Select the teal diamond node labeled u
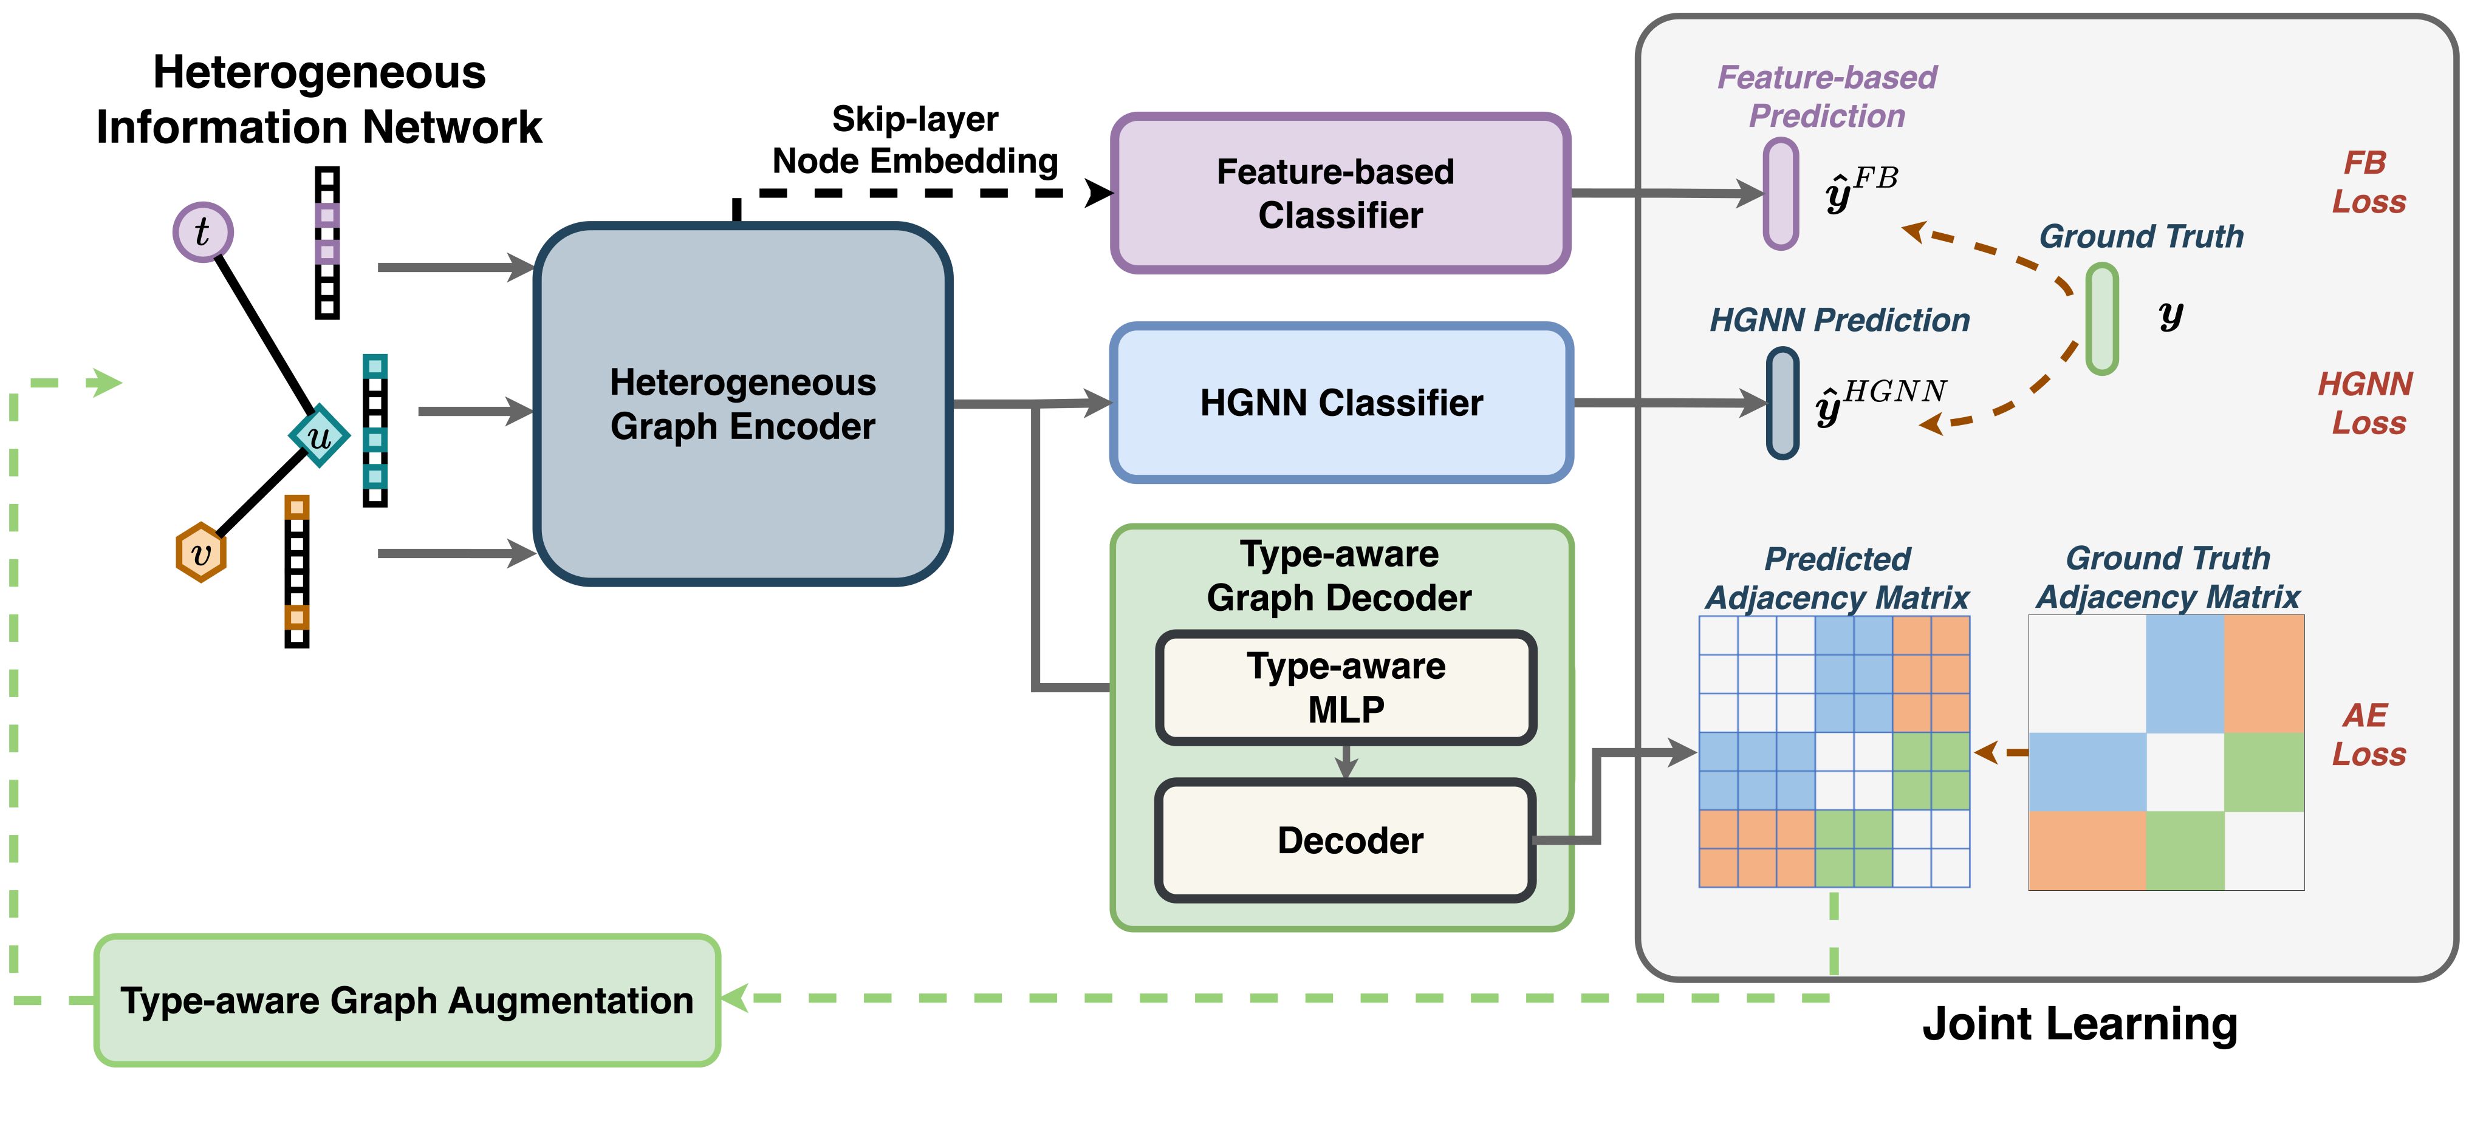[318, 436]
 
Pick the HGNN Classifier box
[1341, 403]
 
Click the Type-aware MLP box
[1346, 687]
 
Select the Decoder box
[1346, 840]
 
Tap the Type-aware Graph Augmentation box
[406, 1001]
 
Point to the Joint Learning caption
[2080, 1024]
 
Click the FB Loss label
[2368, 182]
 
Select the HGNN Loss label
[2366, 403]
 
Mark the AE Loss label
[2368, 734]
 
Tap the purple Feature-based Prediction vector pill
[1781, 194]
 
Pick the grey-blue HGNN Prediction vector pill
[1782, 403]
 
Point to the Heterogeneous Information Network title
[319, 100]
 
